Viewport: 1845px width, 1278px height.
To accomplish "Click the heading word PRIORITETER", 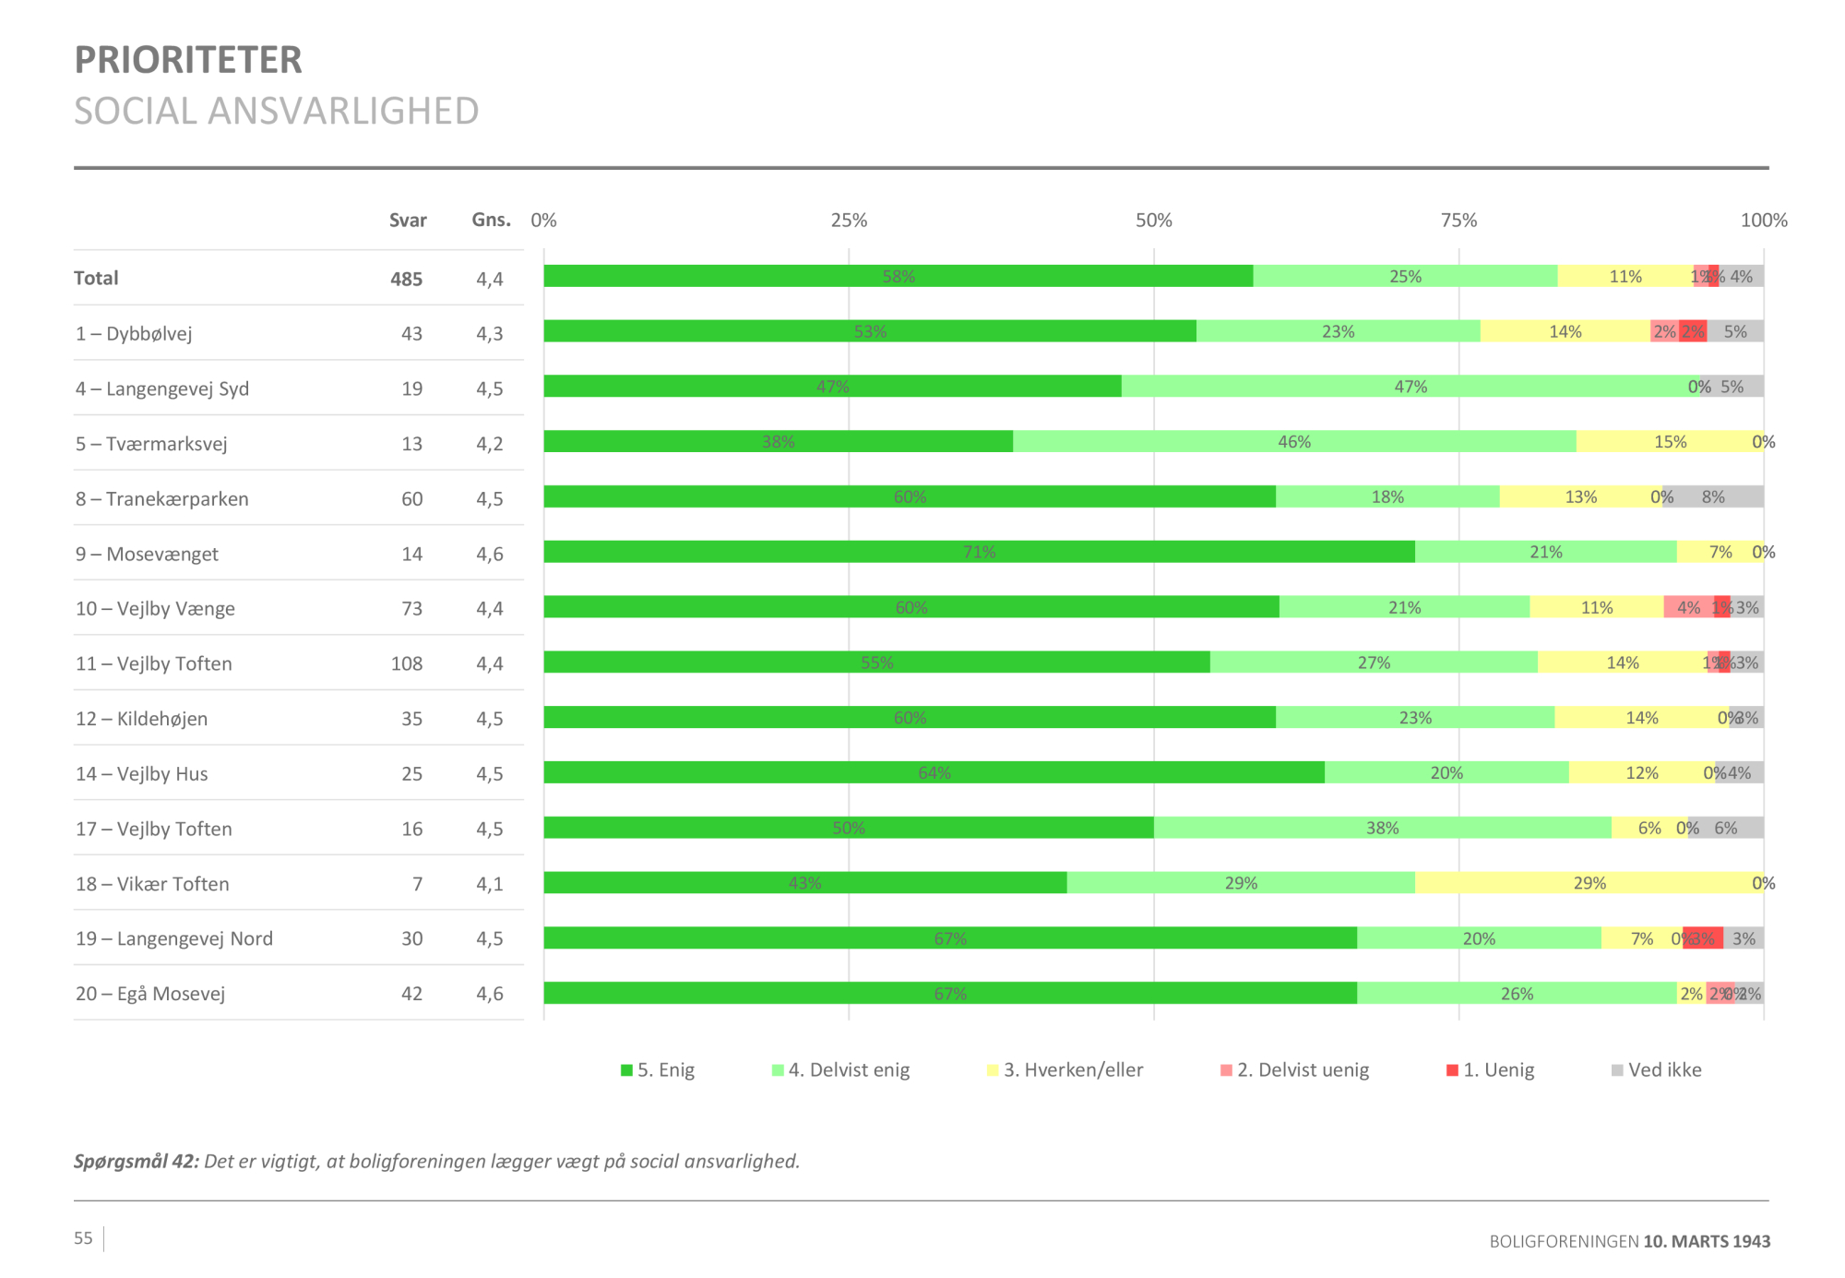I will click(188, 61).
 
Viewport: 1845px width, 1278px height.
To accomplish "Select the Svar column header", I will click(407, 221).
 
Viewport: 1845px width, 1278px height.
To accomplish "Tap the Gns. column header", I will click(491, 220).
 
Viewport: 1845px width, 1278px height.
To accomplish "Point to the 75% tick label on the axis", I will click(1458, 221).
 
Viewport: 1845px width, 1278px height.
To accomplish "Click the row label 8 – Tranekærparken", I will click(162, 499).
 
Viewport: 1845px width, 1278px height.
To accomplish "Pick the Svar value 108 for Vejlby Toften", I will click(407, 663).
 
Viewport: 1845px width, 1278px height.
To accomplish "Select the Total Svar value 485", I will click(406, 279).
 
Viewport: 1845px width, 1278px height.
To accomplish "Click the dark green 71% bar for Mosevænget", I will click(979, 552).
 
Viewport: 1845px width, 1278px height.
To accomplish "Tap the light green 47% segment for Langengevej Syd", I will click(1411, 387).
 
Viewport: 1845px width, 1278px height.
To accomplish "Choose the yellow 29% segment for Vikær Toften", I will click(1589, 883).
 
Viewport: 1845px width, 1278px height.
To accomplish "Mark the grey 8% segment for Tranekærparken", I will click(1713, 497).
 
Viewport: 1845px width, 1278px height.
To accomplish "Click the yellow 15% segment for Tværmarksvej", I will click(1670, 442).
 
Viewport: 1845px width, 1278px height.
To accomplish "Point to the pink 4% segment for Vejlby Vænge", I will click(1688, 607).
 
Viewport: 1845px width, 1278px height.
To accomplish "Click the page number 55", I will click(84, 1238).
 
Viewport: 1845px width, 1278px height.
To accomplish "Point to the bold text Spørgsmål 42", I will click(137, 1162).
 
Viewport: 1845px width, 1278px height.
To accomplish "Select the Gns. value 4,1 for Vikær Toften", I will click(490, 884).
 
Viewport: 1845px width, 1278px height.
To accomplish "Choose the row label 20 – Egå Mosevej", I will click(150, 994).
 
